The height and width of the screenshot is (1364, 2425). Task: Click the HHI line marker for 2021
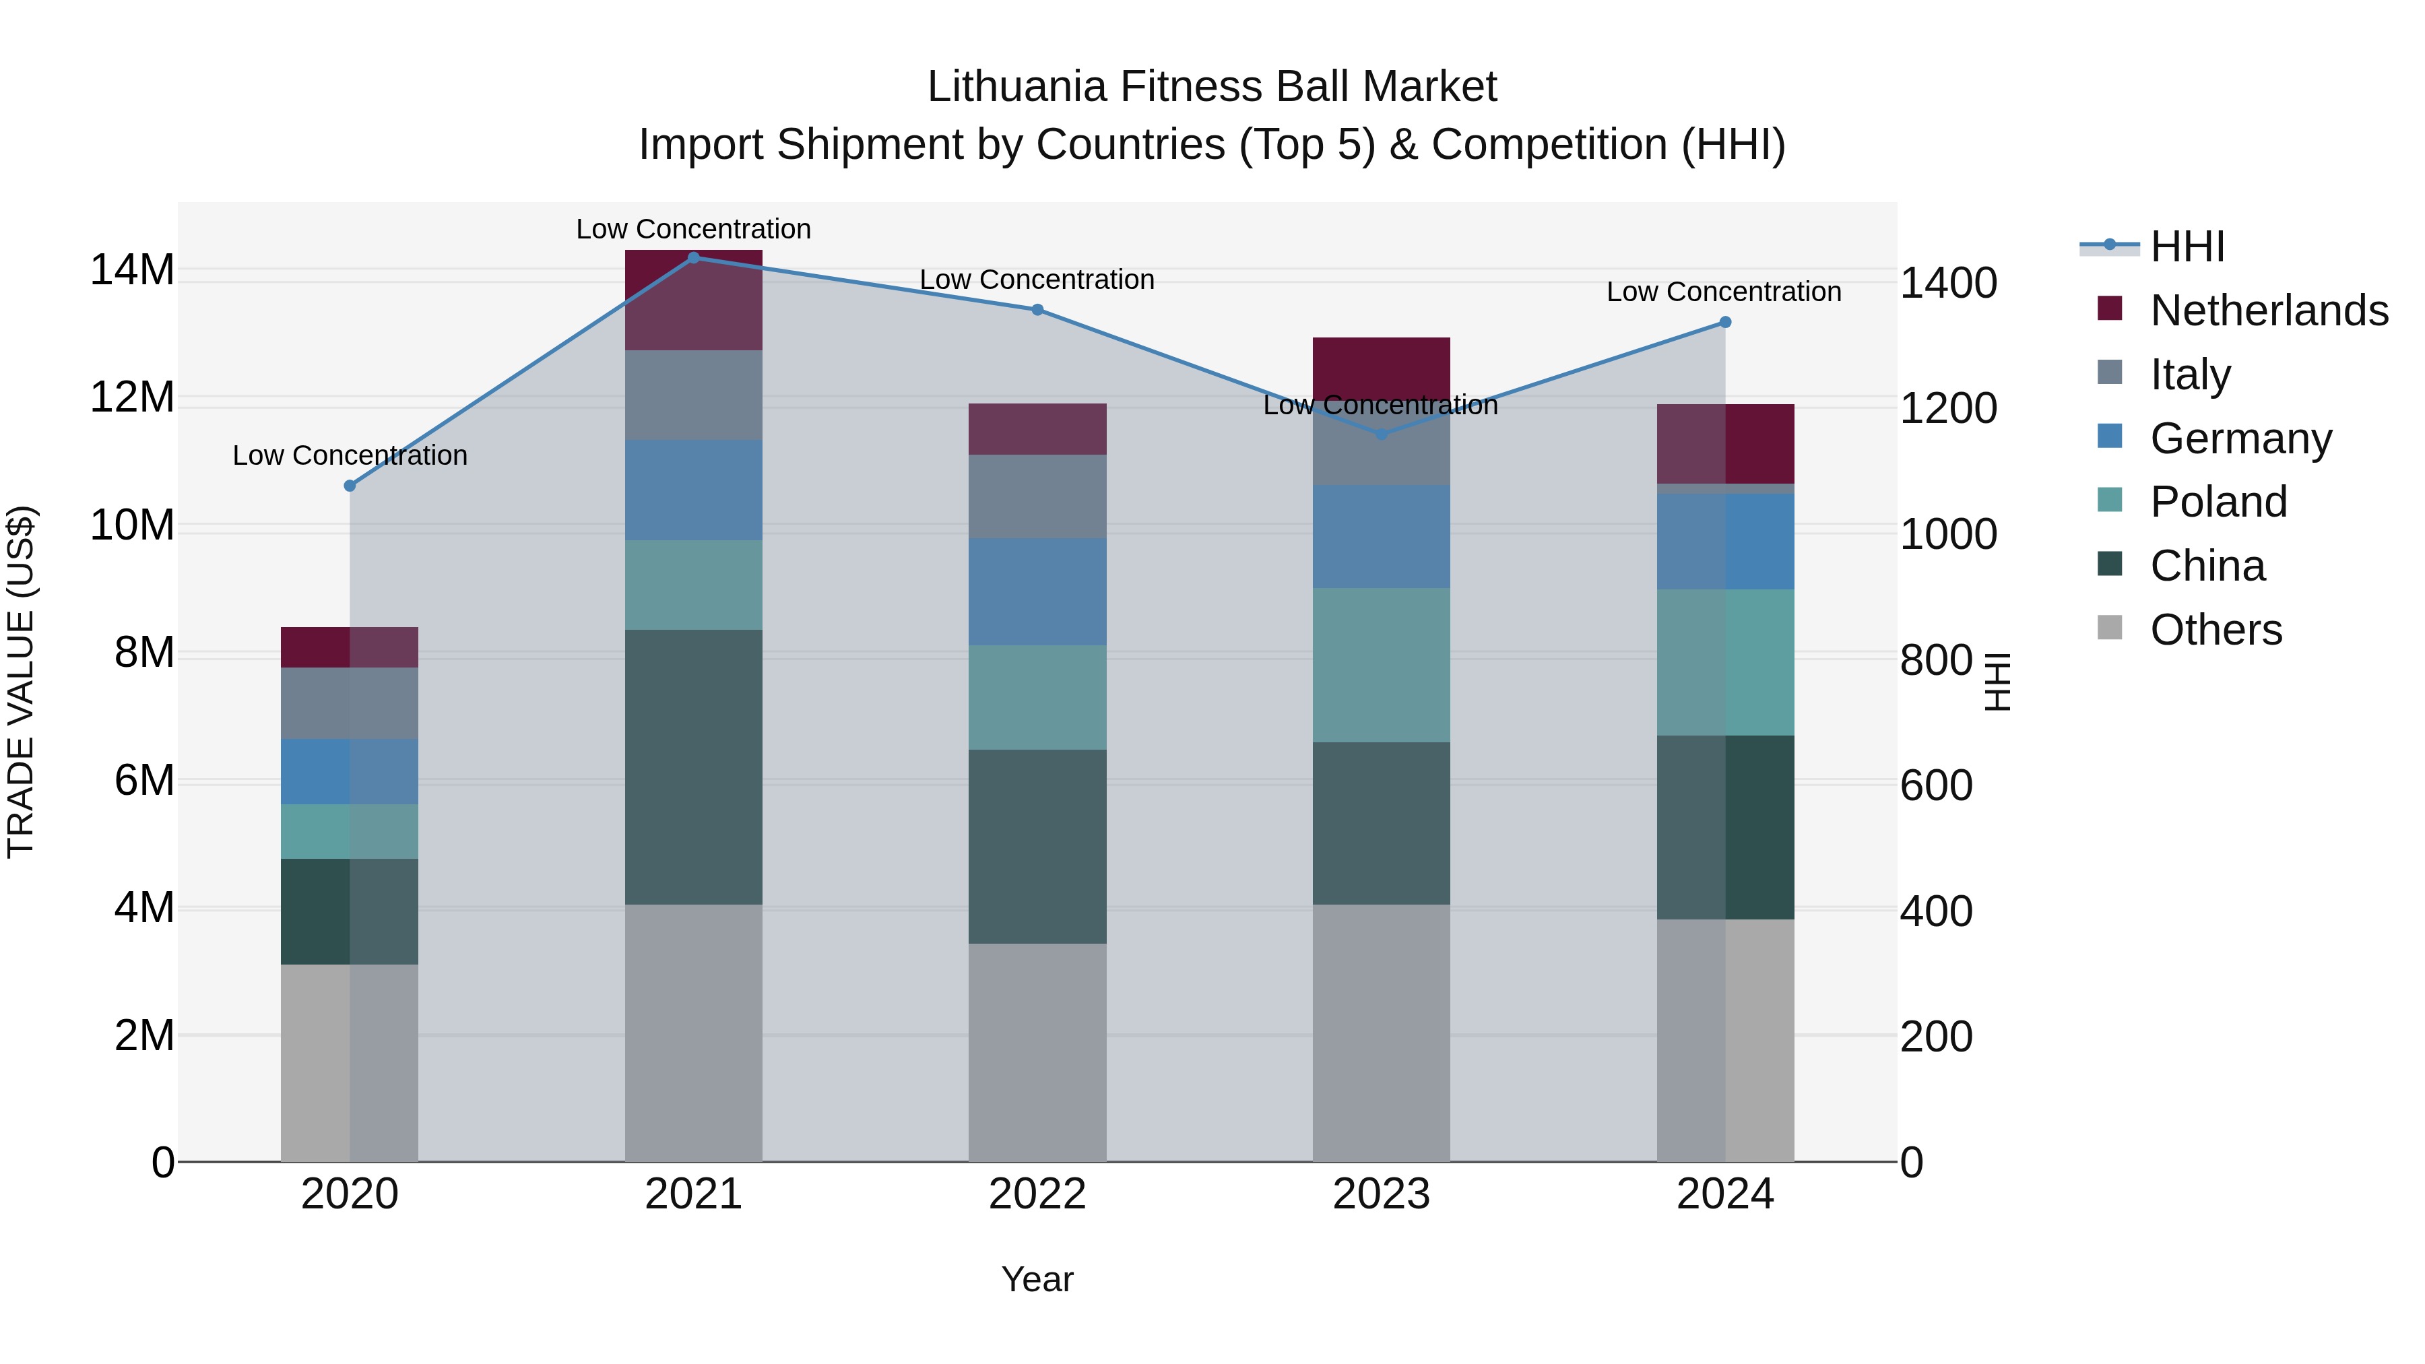tap(693, 257)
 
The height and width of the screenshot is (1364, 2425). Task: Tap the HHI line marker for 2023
tap(1381, 434)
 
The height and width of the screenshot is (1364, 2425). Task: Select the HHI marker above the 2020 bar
tap(349, 486)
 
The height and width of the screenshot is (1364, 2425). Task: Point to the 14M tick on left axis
tap(132, 270)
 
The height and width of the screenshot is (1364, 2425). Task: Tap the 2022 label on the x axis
tap(1037, 1194)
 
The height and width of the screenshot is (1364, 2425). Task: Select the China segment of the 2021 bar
tap(693, 767)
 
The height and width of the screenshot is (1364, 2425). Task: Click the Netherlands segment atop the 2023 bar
tap(1381, 362)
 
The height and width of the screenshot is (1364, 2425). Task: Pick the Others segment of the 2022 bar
tap(1037, 1052)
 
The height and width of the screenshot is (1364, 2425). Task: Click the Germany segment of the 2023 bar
tap(1381, 537)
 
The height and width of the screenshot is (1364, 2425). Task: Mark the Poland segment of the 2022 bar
tap(1037, 698)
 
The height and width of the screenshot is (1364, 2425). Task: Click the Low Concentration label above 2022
tap(1037, 280)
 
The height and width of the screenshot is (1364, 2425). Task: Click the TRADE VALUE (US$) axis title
tap(21, 682)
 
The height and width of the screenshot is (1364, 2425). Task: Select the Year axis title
tap(1037, 1279)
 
